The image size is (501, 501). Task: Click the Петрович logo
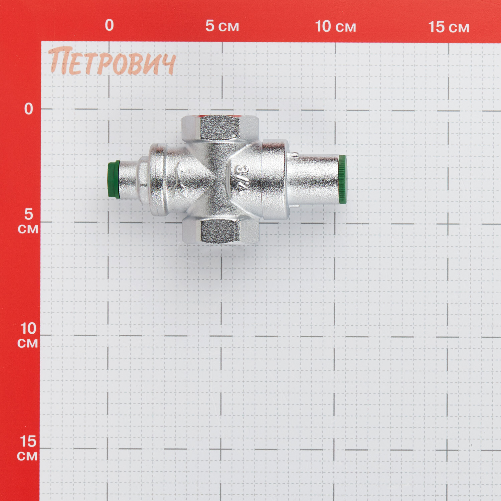click(x=112, y=61)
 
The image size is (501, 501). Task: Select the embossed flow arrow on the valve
click(x=179, y=179)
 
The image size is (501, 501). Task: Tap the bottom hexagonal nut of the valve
click(x=220, y=231)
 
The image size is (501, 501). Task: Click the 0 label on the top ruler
click(x=109, y=25)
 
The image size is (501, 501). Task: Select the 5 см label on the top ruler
click(x=222, y=26)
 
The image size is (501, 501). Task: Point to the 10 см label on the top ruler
click(x=336, y=26)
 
